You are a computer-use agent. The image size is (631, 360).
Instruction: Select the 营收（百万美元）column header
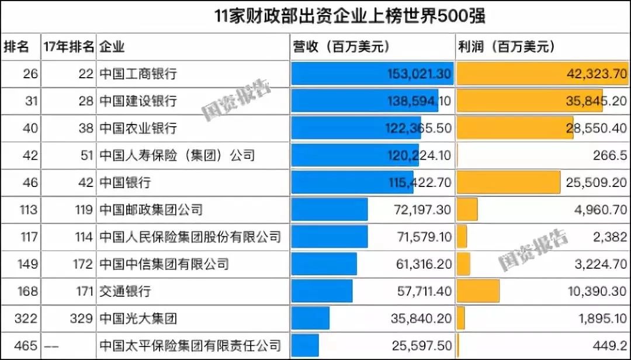pos(341,47)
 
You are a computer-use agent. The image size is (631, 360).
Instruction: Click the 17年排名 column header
pos(68,47)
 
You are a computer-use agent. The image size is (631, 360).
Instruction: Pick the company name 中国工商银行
pos(138,74)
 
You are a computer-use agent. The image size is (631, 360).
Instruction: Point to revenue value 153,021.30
pos(419,74)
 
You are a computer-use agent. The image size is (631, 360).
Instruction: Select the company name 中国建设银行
pos(138,101)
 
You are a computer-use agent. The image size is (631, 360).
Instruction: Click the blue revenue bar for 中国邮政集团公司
pos(330,209)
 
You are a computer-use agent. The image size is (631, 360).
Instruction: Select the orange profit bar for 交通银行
pos(478,291)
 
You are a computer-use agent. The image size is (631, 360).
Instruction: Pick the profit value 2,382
pos(611,237)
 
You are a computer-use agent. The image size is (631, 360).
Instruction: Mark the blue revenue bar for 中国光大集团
pos(310,319)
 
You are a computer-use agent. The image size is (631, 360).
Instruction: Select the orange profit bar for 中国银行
pos(508,182)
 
